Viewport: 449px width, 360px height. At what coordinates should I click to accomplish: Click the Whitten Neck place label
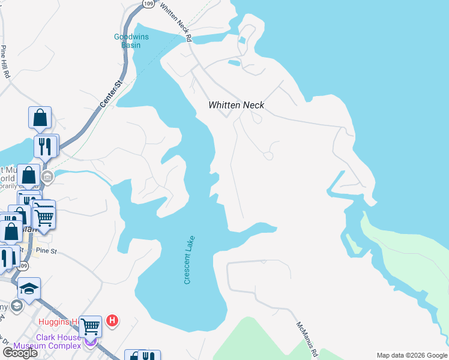click(236, 105)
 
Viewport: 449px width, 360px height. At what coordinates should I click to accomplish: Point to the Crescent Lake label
click(189, 260)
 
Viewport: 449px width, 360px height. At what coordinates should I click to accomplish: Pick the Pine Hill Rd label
click(5, 62)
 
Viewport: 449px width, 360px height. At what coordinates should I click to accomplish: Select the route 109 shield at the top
click(148, 4)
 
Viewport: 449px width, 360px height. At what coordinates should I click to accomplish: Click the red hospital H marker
click(112, 321)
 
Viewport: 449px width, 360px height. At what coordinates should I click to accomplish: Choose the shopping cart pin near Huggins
click(90, 327)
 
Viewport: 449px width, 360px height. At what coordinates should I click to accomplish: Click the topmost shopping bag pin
click(40, 118)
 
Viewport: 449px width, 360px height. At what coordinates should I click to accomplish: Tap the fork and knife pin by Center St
click(45, 145)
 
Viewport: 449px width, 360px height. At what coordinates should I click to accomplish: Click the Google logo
click(19, 353)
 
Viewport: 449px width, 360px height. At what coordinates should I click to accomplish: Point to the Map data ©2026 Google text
click(412, 355)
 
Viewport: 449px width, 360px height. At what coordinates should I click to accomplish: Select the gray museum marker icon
click(47, 177)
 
